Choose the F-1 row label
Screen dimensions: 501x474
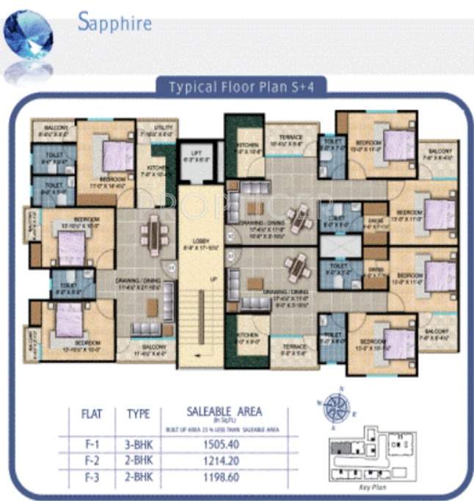[88, 444]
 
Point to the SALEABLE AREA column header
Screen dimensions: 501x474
[225, 412]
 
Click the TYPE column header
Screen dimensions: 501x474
[138, 414]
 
